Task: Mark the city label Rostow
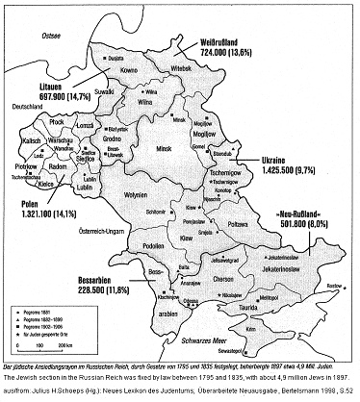click(x=332, y=286)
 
